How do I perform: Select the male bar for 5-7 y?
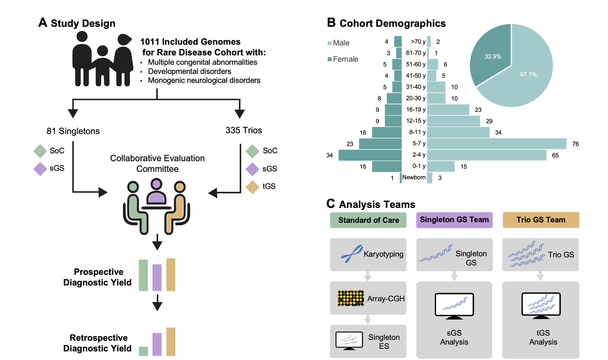(496, 143)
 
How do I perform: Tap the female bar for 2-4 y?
(370, 155)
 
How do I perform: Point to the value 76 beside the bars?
(575, 144)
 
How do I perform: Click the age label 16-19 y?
(416, 109)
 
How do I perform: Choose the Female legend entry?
(343, 59)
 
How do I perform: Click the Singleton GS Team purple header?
(454, 220)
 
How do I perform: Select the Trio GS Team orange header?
(541, 220)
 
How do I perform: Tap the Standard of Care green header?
(368, 220)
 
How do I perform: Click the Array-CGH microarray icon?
(351, 298)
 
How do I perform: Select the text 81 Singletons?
(73, 131)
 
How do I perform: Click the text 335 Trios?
(244, 130)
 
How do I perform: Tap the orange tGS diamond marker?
(253, 187)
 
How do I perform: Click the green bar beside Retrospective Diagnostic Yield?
(143, 351)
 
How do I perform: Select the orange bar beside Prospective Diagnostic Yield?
(171, 275)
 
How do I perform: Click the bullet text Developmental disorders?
(189, 71)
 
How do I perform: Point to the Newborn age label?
(414, 177)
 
